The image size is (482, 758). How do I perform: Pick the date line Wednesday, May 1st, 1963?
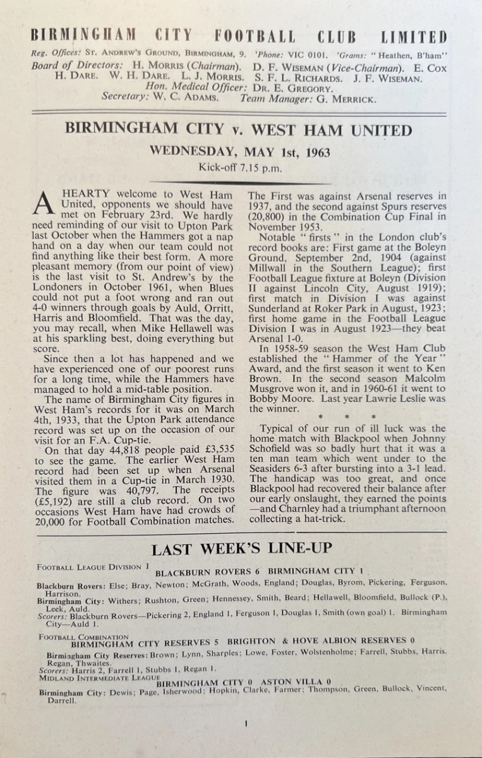(239, 152)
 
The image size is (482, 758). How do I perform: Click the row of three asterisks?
(347, 418)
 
